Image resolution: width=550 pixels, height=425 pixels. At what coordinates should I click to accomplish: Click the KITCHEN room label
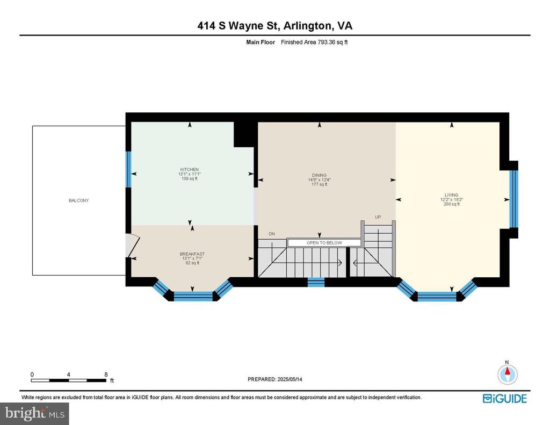click(190, 169)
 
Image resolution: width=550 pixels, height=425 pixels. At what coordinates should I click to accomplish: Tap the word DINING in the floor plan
click(319, 175)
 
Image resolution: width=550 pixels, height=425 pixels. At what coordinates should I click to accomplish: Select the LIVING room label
click(451, 195)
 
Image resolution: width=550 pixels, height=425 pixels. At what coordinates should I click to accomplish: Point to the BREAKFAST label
click(192, 254)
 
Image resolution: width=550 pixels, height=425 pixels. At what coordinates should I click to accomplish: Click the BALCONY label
click(78, 200)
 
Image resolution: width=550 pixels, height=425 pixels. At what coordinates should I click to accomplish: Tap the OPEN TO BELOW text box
click(324, 242)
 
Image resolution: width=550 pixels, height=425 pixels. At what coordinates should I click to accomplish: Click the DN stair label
click(272, 234)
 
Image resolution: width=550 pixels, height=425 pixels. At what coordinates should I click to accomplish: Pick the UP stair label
click(378, 217)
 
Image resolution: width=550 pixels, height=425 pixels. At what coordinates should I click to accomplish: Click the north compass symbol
click(507, 374)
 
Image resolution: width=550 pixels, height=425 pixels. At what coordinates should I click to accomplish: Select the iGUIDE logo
click(505, 399)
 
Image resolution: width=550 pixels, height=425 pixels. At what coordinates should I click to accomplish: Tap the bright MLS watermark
click(34, 413)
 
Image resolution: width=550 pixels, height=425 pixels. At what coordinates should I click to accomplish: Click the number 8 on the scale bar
click(106, 374)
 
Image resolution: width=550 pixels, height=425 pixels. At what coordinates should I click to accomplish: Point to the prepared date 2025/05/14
click(290, 379)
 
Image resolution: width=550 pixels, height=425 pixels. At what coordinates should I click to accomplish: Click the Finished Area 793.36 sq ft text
click(314, 42)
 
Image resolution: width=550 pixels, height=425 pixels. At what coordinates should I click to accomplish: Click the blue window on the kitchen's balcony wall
click(128, 169)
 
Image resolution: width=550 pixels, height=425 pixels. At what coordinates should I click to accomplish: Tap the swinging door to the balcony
click(133, 246)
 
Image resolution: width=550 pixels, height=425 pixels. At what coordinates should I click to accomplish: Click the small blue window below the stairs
click(316, 282)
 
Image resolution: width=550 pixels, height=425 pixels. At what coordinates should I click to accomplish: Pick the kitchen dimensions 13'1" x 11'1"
click(190, 174)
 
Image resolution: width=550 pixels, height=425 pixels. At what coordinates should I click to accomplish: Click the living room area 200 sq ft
click(451, 204)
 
